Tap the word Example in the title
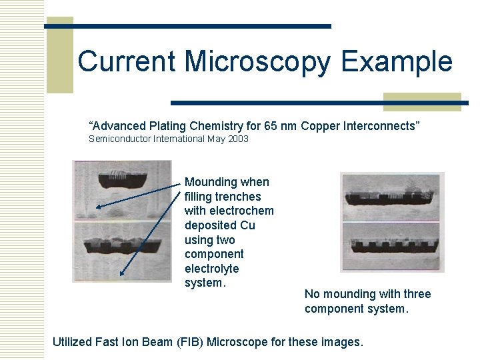(397, 62)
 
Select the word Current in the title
(127, 62)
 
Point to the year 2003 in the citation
(237, 139)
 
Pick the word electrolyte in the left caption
(212, 269)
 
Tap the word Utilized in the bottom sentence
(73, 342)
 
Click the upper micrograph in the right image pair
(392, 196)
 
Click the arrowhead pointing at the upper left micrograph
(99, 207)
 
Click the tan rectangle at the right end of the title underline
(422, 101)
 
